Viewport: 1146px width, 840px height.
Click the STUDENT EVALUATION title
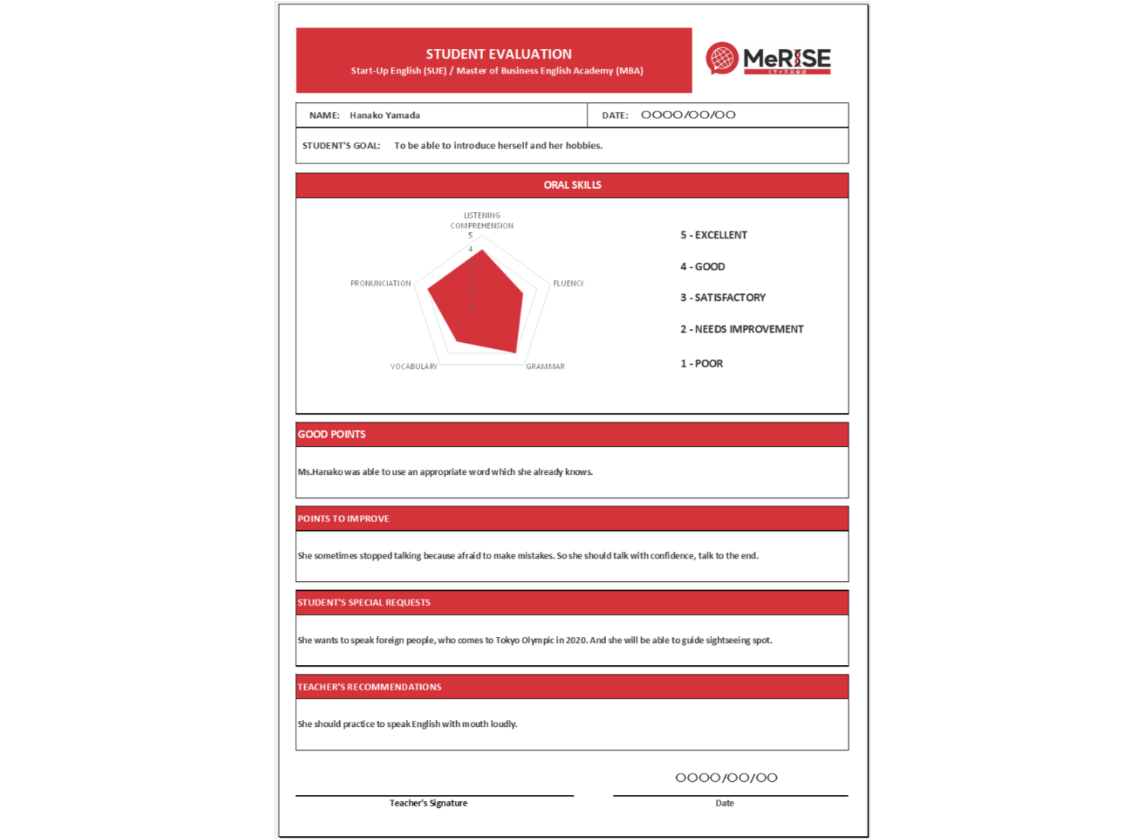coord(498,54)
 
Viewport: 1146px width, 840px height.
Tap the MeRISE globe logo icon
coord(722,58)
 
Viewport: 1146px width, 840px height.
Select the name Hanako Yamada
coord(384,115)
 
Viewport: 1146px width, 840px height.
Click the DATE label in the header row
coord(614,115)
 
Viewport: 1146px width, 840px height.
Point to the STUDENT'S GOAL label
coord(341,146)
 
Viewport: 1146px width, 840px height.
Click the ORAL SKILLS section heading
coord(572,185)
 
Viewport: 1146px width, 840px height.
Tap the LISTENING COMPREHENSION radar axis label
coord(482,221)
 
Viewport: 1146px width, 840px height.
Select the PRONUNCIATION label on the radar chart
coord(380,283)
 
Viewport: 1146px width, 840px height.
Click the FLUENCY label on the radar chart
coord(568,283)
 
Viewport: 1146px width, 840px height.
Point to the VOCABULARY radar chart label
coord(414,367)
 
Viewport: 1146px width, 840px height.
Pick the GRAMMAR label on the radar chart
coord(545,367)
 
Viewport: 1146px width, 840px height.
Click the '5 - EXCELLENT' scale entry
coord(714,235)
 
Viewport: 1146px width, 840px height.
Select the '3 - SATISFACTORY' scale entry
coord(723,298)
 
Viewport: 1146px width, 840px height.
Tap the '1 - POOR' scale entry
coord(701,363)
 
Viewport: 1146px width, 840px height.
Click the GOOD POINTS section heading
coord(332,435)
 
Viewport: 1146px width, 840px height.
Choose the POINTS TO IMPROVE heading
coord(343,519)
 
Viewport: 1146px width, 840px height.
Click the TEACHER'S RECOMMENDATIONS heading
coord(369,687)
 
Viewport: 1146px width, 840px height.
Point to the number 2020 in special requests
coord(576,640)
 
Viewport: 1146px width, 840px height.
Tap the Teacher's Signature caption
coord(428,803)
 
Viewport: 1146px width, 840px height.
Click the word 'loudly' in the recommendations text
coord(503,724)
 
